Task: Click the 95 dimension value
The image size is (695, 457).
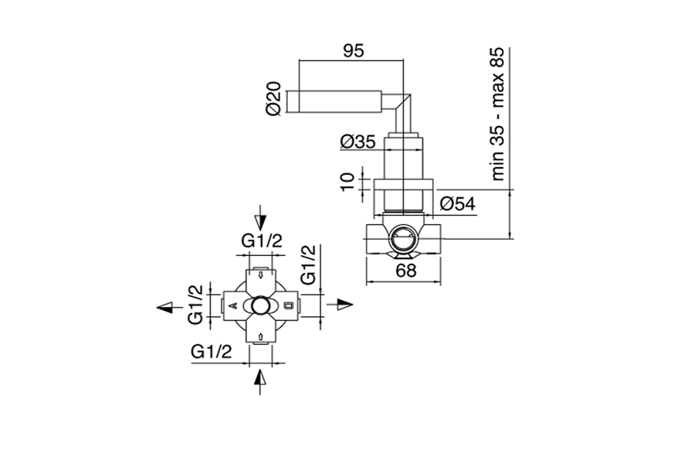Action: click(353, 52)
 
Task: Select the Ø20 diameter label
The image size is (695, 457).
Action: click(272, 99)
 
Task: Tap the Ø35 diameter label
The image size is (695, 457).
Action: click(358, 142)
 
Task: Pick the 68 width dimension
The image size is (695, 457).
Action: click(405, 271)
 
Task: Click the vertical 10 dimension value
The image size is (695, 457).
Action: click(349, 182)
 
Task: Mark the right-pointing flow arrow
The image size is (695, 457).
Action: click(339, 304)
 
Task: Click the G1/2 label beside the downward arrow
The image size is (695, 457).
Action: click(262, 240)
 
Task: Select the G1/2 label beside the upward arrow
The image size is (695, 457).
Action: click(211, 351)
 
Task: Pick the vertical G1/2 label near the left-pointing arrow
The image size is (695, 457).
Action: click(195, 305)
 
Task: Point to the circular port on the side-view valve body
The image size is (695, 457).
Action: click(402, 240)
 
